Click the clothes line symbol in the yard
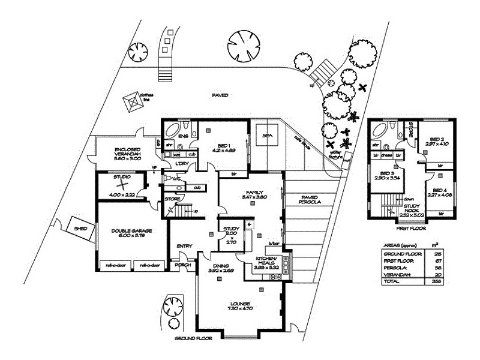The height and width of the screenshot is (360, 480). point(133,102)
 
